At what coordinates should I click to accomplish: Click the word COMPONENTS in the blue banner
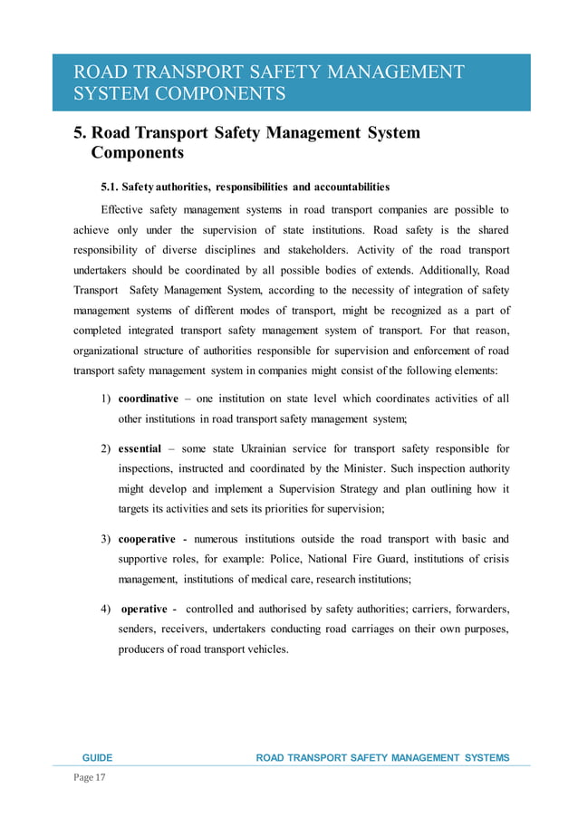(x=220, y=94)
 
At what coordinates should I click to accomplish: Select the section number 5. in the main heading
(x=80, y=133)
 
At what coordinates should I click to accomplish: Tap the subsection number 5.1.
(x=109, y=187)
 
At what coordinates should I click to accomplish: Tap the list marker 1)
(x=106, y=399)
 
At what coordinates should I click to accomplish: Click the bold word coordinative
(x=149, y=399)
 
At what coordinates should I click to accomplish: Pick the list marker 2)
(x=106, y=448)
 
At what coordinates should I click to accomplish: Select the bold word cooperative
(x=148, y=540)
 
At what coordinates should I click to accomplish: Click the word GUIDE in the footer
(x=97, y=757)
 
